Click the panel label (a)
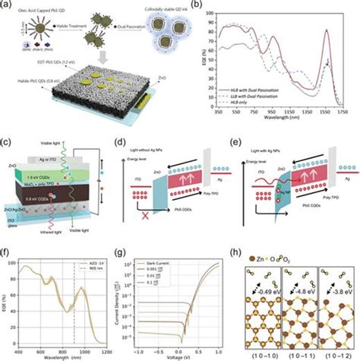click(x=8, y=6)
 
